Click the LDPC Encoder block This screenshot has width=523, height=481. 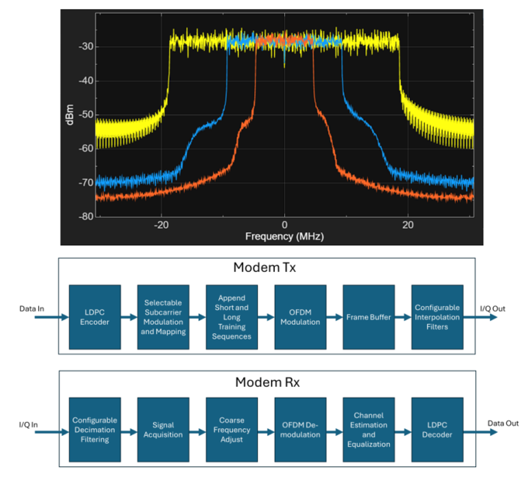tap(95, 317)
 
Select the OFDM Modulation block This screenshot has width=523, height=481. tap(300, 317)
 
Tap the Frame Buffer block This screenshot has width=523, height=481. tap(369, 317)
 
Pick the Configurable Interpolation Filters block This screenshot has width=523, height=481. tap(437, 317)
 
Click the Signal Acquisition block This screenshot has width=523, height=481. tap(163, 430)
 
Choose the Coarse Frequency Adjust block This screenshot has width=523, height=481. tap(232, 430)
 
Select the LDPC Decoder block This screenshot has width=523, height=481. tap(437, 430)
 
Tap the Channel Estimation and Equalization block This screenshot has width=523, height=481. tap(369, 430)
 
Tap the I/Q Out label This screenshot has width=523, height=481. tap(493, 309)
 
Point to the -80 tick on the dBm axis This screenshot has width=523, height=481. tap(86, 217)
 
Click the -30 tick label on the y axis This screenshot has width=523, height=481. tap(86, 47)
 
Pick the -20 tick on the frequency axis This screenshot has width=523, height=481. tap(161, 225)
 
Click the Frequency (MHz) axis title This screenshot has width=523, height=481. tap(284, 236)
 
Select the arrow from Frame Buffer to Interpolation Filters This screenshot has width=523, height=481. tap(403, 317)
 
